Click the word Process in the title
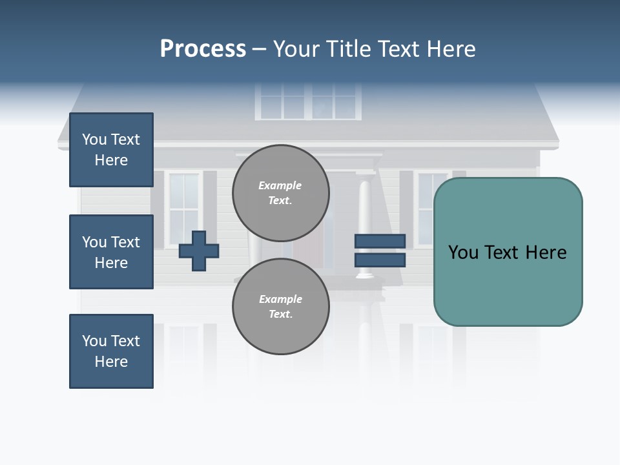203,49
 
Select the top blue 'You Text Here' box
111,150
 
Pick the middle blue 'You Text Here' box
111,252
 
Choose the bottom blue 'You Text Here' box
111,351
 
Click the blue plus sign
199,251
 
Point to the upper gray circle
280,192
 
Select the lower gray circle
280,306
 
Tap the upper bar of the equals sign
380,241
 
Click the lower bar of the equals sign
380,260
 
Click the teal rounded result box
508,251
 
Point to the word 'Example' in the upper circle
280,185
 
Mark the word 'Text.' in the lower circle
280,314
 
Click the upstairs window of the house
308,101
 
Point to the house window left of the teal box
424,208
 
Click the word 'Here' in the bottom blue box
111,362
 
